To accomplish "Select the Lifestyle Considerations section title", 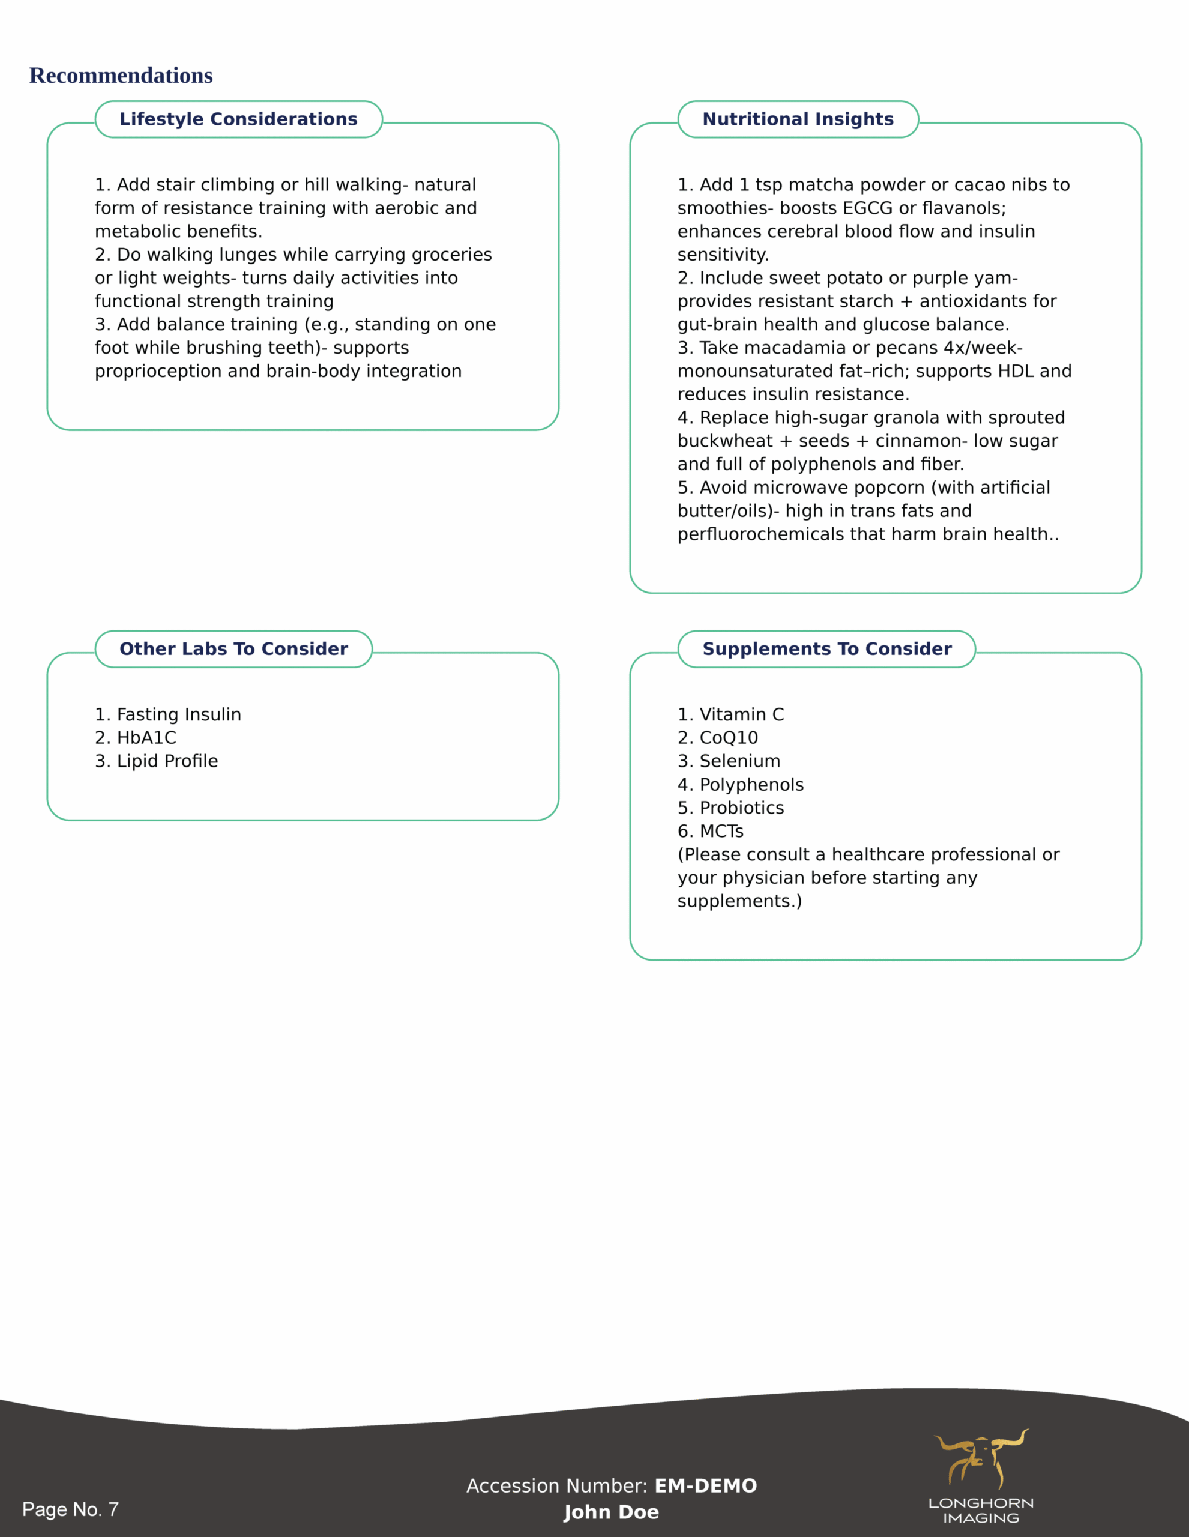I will pyautogui.click(x=238, y=119).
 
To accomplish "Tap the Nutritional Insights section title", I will pyautogui.click(x=798, y=119).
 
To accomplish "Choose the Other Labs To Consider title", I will pyautogui.click(x=233, y=649).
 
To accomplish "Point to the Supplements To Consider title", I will pyautogui.click(x=826, y=649).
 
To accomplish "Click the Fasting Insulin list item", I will pyautogui.click(x=168, y=714).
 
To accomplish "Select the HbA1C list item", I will pyautogui.click(x=136, y=737).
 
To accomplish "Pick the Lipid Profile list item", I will pyautogui.click(x=157, y=761).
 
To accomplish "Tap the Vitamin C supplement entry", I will pyautogui.click(x=730, y=714).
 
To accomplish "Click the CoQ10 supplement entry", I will pyautogui.click(x=718, y=737).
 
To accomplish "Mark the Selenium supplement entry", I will pyautogui.click(x=729, y=761).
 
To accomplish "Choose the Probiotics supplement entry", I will pyautogui.click(x=730, y=807).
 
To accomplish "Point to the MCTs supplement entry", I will pyautogui.click(x=711, y=831).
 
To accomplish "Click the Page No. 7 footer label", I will pyautogui.click(x=70, y=1509).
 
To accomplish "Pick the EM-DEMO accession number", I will pyautogui.click(x=706, y=1485).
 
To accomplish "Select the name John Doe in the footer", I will pyautogui.click(x=610, y=1512).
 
